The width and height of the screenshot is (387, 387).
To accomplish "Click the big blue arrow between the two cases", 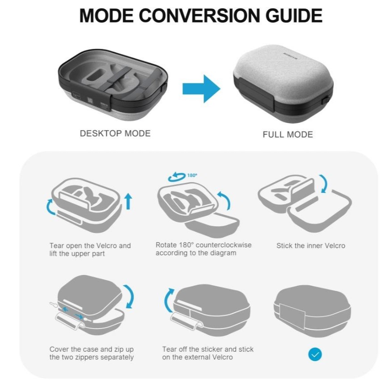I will pos(201,89).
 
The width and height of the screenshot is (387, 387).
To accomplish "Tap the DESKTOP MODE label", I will pos(115,133).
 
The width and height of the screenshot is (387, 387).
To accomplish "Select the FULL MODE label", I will pos(287,134).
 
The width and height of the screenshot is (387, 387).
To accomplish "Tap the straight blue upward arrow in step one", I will pos(129,201).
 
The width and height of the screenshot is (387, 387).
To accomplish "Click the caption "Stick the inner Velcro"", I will pos(311,246).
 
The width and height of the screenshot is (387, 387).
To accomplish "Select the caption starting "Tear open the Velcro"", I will pos(90,249).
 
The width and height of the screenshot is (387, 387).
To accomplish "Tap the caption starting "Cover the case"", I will pos(92,353).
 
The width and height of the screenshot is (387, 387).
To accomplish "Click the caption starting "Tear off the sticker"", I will pos(208,353).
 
